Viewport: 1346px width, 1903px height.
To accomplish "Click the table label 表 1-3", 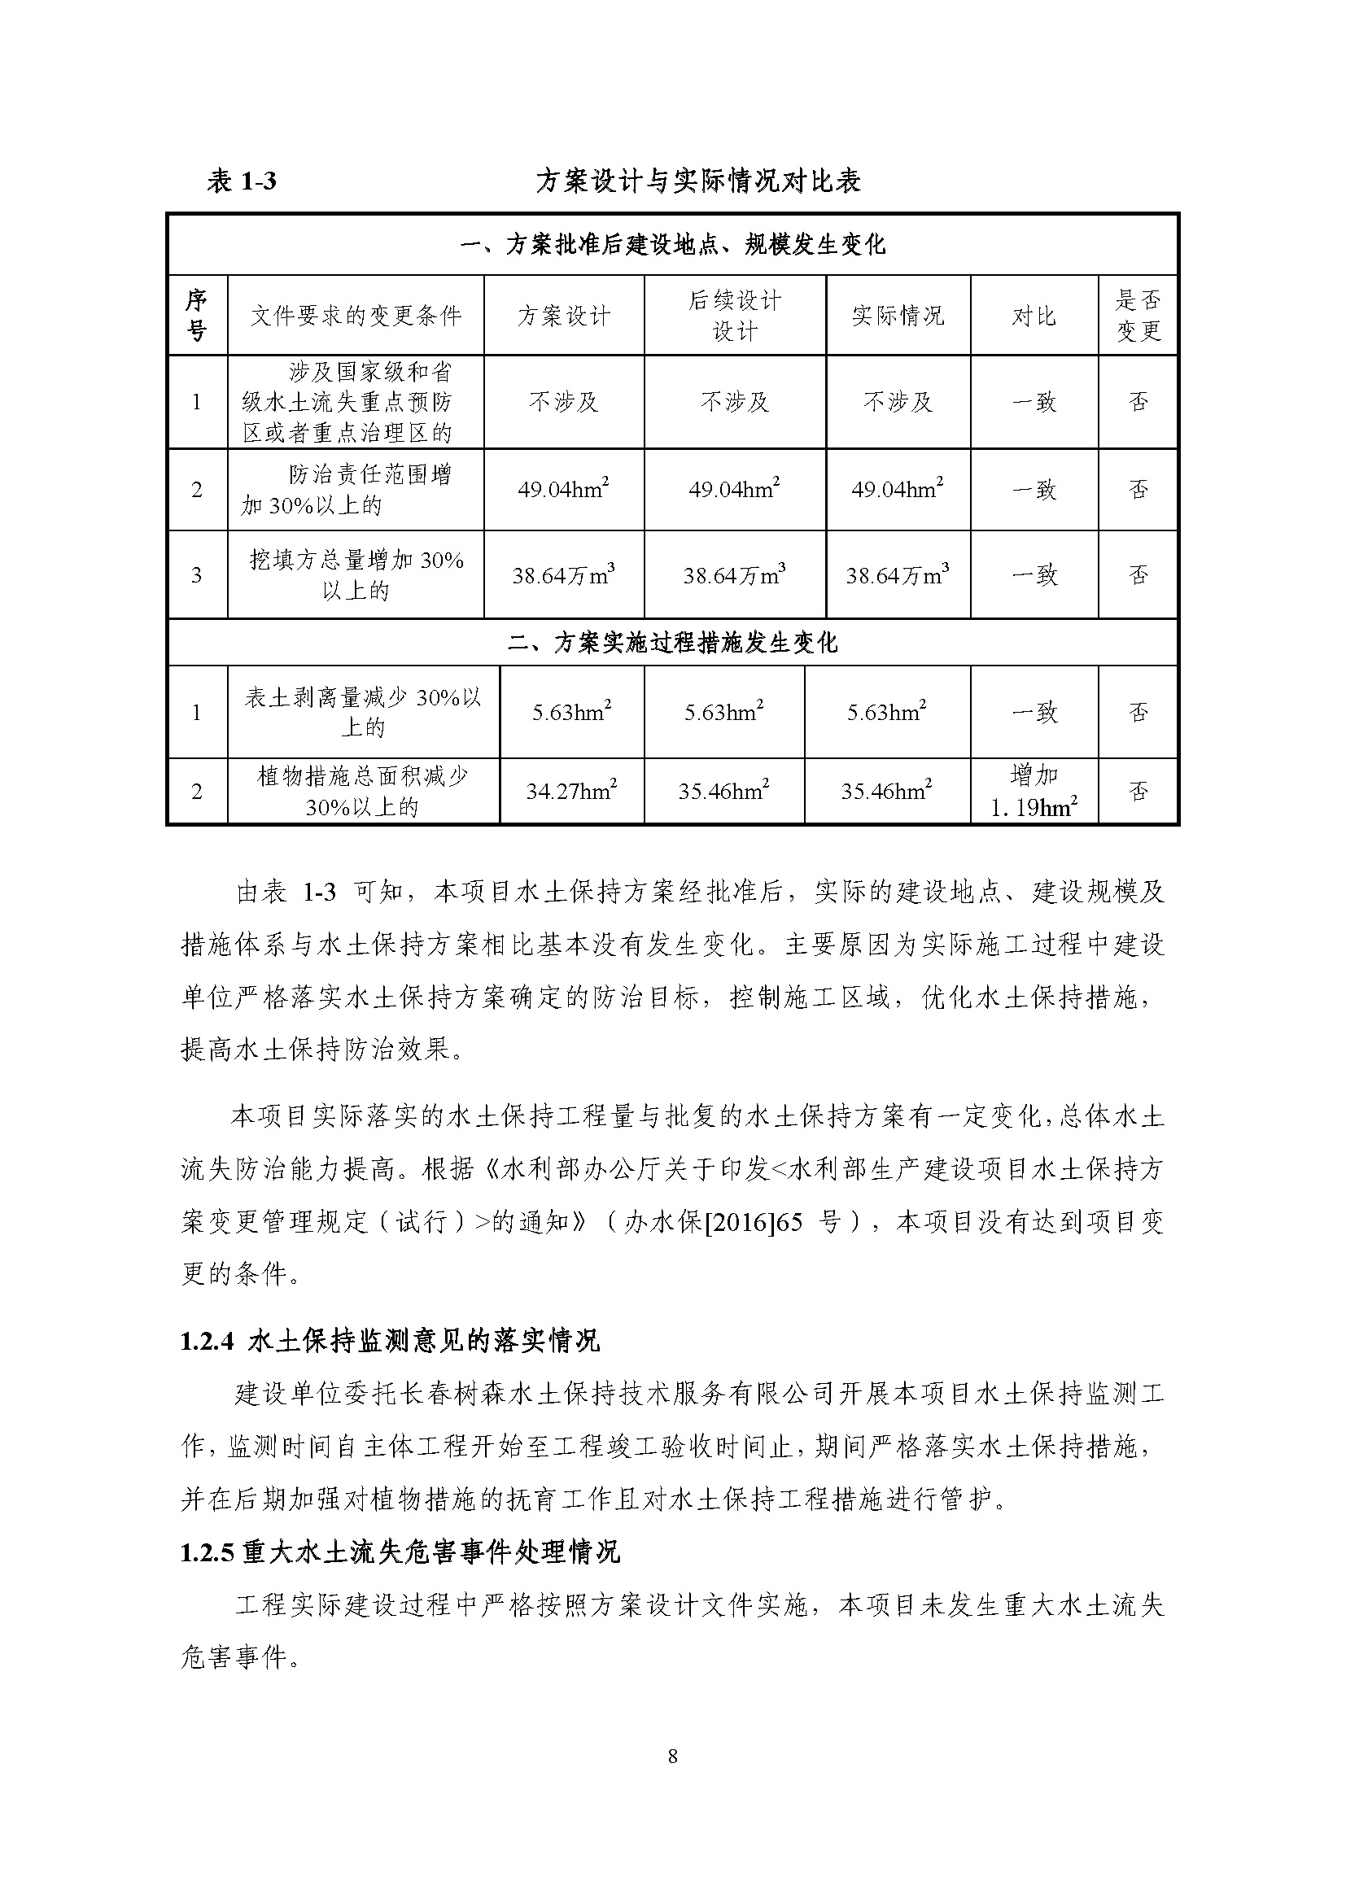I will point(241,181).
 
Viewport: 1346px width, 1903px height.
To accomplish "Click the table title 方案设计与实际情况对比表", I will point(699,181).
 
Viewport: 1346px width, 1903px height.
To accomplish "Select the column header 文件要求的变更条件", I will point(356,316).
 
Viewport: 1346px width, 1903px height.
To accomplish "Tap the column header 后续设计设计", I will point(734,316).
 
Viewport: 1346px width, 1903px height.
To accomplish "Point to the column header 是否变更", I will point(1138,316).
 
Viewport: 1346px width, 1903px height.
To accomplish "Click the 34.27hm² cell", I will point(571,791).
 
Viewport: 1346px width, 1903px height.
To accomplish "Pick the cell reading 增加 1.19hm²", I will point(1034,791).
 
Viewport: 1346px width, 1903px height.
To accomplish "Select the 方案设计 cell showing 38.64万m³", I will point(564,574).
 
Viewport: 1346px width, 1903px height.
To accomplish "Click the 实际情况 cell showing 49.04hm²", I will point(898,489).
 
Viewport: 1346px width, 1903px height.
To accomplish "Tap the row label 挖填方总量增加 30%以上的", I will point(356,574).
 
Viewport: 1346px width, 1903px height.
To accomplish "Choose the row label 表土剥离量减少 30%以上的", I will point(363,712).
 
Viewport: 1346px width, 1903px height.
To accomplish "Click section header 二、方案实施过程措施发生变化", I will point(672,643).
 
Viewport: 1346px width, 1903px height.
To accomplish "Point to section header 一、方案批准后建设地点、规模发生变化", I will point(672,245).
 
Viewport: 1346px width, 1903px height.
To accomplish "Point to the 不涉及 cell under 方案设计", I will point(564,402).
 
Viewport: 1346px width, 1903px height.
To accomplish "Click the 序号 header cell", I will point(196,316).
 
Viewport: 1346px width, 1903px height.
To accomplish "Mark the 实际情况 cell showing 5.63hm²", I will point(887,712).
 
